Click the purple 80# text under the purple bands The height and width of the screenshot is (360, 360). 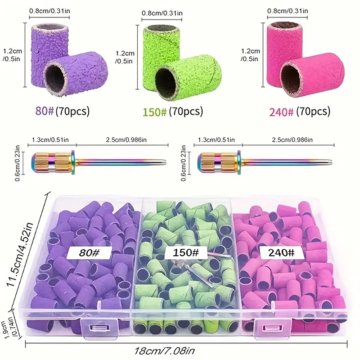[x=44, y=111]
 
